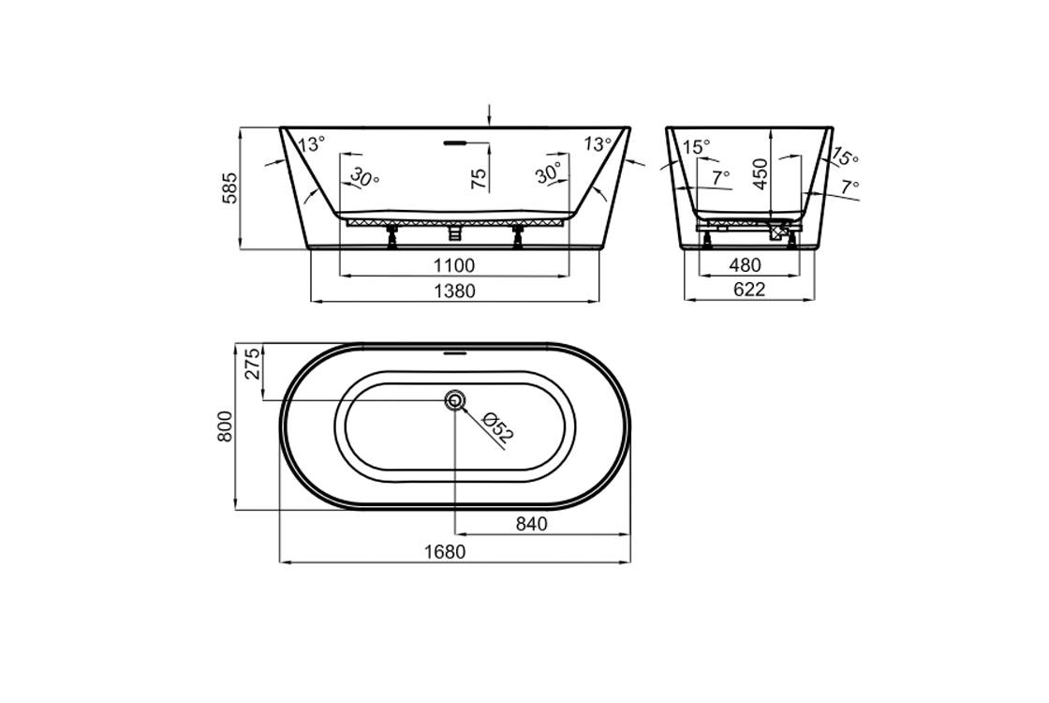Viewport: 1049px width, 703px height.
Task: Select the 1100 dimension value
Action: [454, 266]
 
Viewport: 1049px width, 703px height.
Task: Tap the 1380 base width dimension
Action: [455, 292]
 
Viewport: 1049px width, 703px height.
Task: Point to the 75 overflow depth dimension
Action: [479, 178]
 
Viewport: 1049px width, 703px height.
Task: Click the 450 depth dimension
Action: [761, 174]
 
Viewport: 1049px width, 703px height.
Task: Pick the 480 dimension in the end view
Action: [745, 265]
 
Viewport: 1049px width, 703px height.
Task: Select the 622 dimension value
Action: [749, 290]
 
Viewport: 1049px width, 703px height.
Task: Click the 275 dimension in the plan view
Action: [252, 364]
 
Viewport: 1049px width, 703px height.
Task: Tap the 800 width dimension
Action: [225, 426]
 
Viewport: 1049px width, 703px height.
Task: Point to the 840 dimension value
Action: [532, 524]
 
